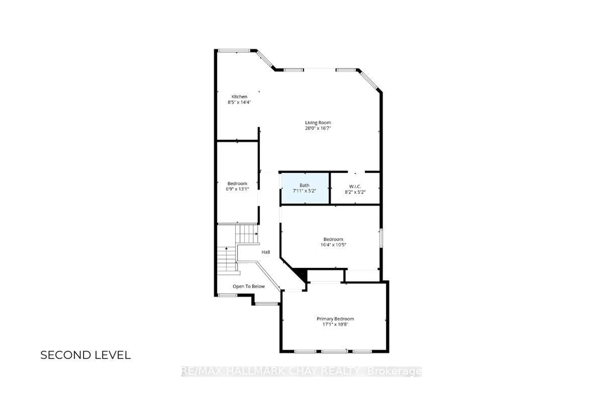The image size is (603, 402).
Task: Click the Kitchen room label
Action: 239,97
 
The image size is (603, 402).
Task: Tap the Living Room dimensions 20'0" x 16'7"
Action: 318,128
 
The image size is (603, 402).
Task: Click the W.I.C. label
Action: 355,186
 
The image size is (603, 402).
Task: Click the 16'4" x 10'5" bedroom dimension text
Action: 333,245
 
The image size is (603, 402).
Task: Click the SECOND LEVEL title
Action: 86,355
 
